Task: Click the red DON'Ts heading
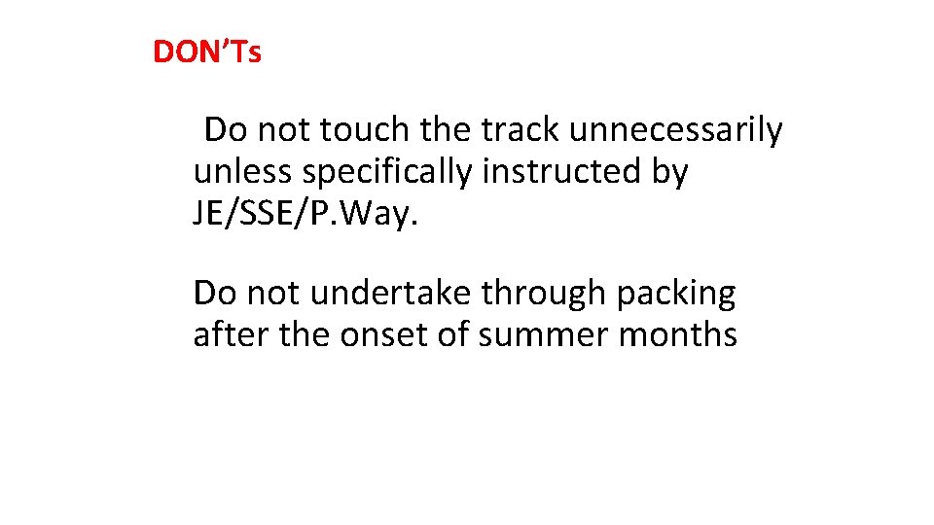(207, 52)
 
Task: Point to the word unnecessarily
(678, 129)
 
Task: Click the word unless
(244, 172)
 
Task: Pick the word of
(451, 335)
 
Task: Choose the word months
(678, 335)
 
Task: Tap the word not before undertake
(276, 293)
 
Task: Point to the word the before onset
(305, 335)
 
